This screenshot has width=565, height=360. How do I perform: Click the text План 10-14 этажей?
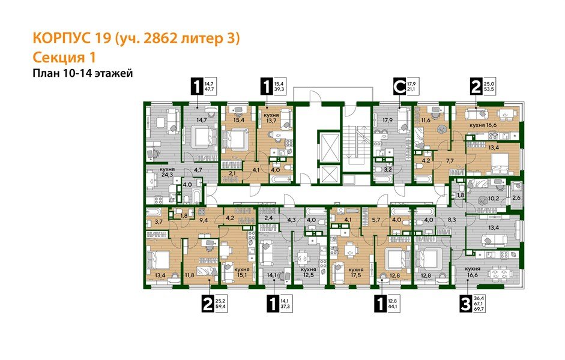tap(82, 73)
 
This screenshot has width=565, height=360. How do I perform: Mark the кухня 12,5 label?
tap(309, 273)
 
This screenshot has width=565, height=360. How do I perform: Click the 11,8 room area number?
tap(190, 275)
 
